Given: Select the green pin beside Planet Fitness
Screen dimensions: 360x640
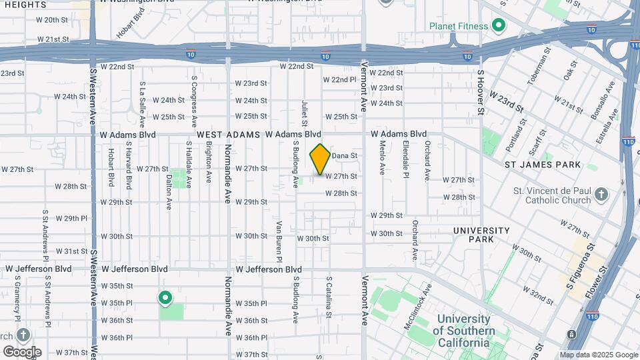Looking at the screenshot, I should [498, 27].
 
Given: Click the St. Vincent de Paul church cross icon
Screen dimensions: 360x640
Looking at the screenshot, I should [601, 195].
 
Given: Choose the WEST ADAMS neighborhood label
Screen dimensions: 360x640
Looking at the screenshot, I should [228, 135].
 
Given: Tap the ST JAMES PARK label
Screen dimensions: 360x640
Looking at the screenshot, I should [542, 165].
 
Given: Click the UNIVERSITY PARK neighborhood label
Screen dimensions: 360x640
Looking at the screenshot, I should [481, 235].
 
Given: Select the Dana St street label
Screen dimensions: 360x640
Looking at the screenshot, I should [345, 155].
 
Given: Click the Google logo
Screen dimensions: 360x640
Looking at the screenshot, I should [22, 351].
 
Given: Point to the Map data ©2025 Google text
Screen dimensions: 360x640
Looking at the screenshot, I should [598, 355].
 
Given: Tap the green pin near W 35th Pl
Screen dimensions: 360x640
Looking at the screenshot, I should [165, 298].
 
